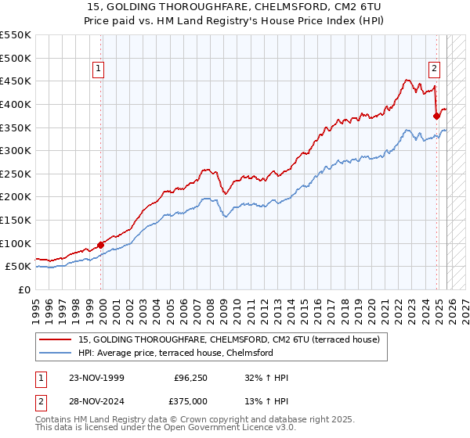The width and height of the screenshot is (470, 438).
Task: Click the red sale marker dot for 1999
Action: tap(100, 245)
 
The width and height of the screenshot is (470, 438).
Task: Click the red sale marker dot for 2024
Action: tap(436, 116)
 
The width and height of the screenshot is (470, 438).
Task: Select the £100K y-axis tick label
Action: tap(16, 243)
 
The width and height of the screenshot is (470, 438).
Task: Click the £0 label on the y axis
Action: tap(23, 289)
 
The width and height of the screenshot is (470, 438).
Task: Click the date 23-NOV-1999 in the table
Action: tap(97, 378)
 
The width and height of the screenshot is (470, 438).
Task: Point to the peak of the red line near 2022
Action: tap(407, 79)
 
